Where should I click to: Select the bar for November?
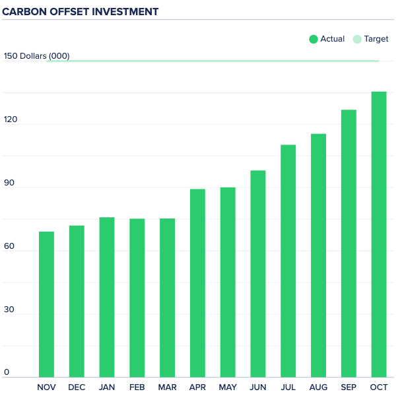tap(46, 304)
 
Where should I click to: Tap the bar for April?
tap(197, 283)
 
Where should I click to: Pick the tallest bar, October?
tap(379, 234)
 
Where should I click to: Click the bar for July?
tap(288, 261)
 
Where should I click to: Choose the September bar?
tap(349, 244)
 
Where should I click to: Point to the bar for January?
tap(107, 297)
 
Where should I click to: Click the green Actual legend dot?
tap(314, 39)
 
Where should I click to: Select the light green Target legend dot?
tap(357, 39)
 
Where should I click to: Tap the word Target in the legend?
tap(376, 39)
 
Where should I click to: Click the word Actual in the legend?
tap(332, 39)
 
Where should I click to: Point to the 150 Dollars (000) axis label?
tap(36, 56)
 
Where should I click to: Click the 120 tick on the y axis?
tap(11, 119)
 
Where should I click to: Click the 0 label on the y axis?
tap(7, 372)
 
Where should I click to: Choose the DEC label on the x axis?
tap(77, 387)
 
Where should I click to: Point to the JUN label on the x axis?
tap(257, 387)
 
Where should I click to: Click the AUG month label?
tap(318, 387)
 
